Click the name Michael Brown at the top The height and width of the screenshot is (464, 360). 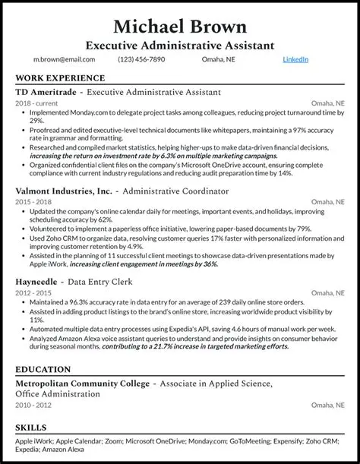coord(179,26)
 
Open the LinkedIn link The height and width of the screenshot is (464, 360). coord(295,58)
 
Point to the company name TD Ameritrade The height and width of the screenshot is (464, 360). coord(45,92)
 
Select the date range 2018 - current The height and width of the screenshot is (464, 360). coord(36,102)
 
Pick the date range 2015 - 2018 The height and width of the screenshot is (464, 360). coord(33,202)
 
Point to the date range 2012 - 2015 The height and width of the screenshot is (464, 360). coord(33,291)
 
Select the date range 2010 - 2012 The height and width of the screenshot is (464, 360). coord(33,406)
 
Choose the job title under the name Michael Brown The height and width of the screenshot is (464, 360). coord(179,45)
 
